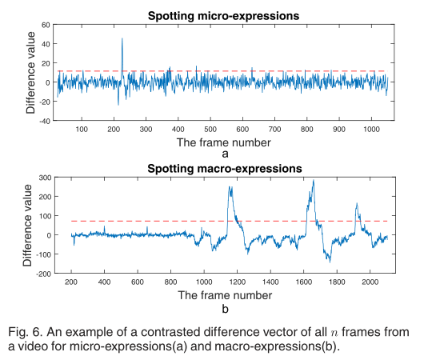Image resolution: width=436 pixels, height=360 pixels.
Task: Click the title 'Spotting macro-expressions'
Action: point(225,169)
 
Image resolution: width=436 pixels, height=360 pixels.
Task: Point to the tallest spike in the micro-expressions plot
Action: point(122,38)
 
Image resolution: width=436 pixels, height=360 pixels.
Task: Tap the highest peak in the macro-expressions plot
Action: point(313,181)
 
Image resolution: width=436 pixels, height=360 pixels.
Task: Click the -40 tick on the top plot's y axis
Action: point(45,121)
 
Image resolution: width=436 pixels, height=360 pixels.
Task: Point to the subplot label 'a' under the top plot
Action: point(225,154)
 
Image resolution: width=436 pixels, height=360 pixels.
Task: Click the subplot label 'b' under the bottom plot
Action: point(225,307)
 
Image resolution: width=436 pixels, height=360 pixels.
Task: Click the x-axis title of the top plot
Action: point(225,142)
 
